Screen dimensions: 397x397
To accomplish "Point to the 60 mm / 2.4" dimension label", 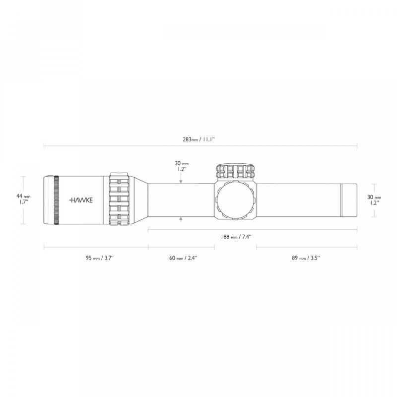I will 182,258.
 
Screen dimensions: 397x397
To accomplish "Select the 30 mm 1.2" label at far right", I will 374,200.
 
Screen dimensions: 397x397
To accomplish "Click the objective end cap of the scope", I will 349,200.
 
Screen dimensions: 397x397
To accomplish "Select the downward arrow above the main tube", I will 182,182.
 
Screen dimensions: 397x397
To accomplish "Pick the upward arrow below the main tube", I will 182,219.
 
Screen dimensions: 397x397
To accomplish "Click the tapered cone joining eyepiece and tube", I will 140,200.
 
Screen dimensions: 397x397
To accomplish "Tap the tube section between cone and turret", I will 182,200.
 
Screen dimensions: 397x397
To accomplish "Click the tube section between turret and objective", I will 298,200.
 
